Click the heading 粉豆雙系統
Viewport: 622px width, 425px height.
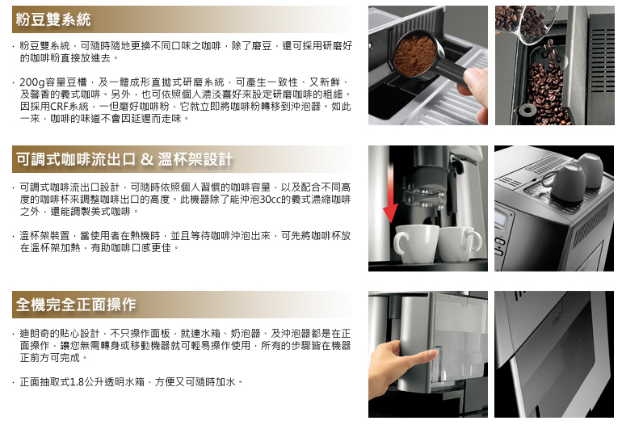53,19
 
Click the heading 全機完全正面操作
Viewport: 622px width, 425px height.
76,305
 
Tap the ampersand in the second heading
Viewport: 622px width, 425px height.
147,159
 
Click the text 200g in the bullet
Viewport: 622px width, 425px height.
32,82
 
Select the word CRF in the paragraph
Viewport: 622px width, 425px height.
59,107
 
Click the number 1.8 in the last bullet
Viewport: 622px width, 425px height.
77,381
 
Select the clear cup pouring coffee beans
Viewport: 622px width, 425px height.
533,23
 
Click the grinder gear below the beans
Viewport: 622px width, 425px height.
527,110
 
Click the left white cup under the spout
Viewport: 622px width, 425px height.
415,243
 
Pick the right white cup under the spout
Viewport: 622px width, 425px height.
460,243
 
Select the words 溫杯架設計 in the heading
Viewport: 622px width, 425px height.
195,159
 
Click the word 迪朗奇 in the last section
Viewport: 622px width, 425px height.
35,334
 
